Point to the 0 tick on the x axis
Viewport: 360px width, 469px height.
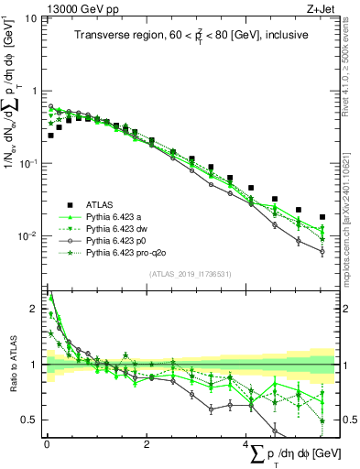[x=47, y=444]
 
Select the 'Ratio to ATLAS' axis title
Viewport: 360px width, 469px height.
[x=11, y=364]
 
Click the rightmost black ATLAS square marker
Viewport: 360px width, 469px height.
[x=322, y=217]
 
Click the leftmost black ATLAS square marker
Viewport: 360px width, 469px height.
[x=50, y=135]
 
